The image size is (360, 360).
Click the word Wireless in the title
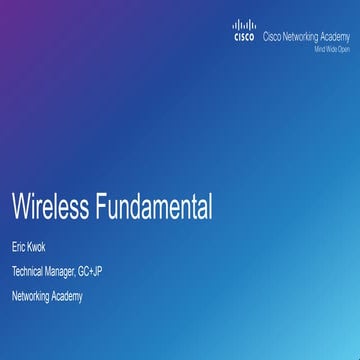click(x=49, y=207)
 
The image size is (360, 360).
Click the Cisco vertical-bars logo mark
click(x=244, y=26)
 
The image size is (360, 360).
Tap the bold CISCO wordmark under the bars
click(x=244, y=38)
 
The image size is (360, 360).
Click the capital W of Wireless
click(x=21, y=207)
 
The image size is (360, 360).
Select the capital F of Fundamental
click(x=101, y=207)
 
